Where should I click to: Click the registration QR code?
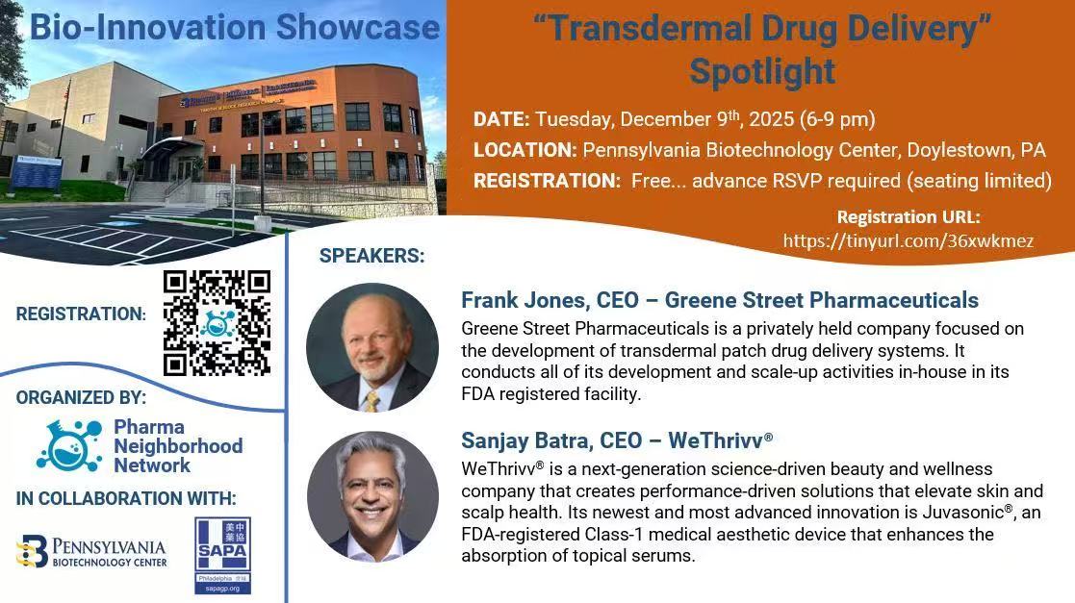point(217,323)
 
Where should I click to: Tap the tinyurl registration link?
point(909,240)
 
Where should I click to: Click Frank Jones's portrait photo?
point(372,347)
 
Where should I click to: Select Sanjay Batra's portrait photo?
point(372,495)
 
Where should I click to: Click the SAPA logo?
point(223,555)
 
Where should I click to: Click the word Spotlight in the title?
point(762,71)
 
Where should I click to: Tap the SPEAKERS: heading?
point(372,256)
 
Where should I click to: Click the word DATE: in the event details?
point(501,119)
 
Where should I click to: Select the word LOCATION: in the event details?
point(525,150)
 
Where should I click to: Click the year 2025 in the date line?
point(771,119)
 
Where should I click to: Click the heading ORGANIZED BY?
point(81,397)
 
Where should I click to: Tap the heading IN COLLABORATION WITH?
point(126,498)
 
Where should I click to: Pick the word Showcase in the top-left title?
point(358,27)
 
